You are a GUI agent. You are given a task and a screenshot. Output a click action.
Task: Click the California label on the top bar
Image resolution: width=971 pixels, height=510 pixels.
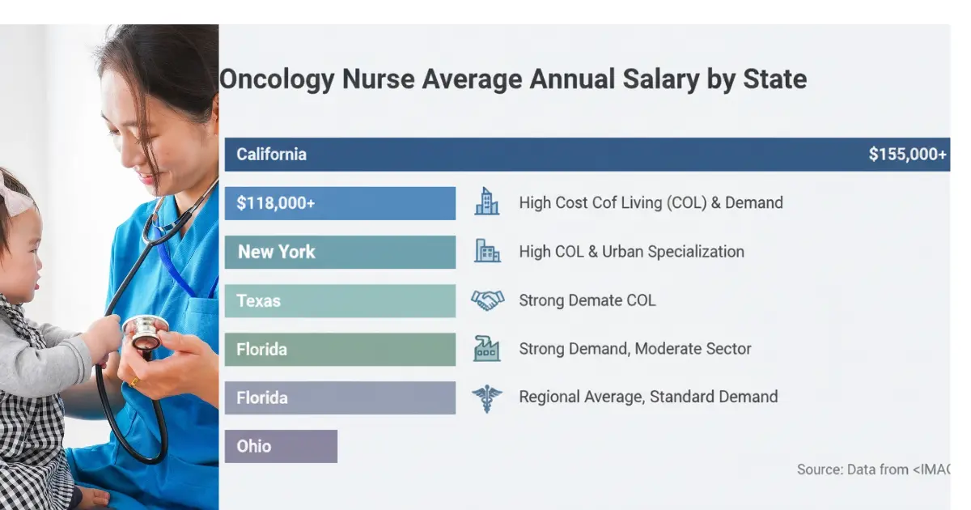click(x=271, y=155)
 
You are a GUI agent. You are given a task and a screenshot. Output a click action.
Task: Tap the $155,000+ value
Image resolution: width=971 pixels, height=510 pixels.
click(x=907, y=155)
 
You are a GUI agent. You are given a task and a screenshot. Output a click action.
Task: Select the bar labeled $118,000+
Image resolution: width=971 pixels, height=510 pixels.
click(x=340, y=203)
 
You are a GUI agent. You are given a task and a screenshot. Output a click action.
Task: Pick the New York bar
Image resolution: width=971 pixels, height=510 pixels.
click(x=340, y=252)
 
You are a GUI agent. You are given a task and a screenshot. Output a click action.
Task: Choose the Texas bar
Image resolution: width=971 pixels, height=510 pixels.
click(x=340, y=300)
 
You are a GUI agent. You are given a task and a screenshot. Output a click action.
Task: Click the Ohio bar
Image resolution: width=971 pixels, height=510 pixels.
click(x=281, y=446)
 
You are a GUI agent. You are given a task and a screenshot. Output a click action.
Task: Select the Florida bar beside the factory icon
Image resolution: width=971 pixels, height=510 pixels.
click(x=340, y=349)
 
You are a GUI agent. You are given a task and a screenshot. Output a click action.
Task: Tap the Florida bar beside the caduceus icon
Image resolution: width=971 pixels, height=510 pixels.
click(x=340, y=397)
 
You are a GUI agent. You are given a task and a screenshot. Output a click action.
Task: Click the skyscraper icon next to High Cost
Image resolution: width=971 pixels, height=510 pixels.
click(x=487, y=202)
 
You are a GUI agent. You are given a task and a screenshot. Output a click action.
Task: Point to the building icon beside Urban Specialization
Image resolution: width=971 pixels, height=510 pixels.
click(x=487, y=251)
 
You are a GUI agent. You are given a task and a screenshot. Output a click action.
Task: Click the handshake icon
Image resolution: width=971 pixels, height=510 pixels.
click(x=487, y=300)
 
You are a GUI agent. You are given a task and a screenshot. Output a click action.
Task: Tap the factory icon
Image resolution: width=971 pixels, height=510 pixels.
click(x=487, y=349)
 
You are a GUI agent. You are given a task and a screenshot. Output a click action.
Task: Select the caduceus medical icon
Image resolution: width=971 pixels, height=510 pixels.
click(x=487, y=398)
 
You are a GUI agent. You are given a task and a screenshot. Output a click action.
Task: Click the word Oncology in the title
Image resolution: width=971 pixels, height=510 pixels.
click(x=277, y=80)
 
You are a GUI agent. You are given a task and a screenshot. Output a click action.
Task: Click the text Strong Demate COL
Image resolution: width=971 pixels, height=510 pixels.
click(x=587, y=300)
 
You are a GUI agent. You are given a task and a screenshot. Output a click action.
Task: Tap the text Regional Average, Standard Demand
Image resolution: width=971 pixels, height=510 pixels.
click(x=648, y=397)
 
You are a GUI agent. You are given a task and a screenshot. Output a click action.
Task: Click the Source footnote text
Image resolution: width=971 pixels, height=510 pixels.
click(x=873, y=469)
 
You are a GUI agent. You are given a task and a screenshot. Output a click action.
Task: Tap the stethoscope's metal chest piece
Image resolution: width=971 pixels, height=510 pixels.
click(x=146, y=331)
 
